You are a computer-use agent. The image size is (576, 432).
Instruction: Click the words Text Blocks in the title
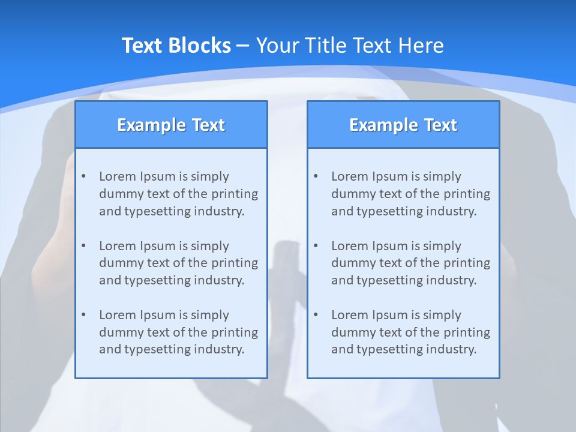pos(176,46)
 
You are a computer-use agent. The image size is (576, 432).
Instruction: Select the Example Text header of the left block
pos(171,125)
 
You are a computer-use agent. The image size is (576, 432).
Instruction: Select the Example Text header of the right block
pos(403,125)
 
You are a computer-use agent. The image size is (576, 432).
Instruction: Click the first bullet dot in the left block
pos(84,176)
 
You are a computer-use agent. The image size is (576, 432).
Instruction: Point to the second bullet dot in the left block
pos(84,246)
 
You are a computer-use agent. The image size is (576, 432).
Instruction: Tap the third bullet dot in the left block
pos(84,315)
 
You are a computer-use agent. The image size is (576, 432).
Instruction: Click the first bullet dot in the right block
pos(316,176)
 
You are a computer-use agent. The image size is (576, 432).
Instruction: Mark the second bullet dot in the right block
pos(316,246)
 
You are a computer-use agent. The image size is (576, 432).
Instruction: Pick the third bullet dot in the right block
pos(316,315)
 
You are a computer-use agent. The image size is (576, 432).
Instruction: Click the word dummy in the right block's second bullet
pos(351,263)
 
